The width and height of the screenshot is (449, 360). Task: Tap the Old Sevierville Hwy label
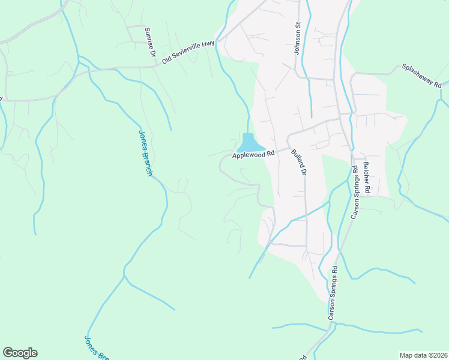click(x=188, y=52)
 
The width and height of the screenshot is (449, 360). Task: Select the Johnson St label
click(x=297, y=39)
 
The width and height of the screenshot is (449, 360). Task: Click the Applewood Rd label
click(x=253, y=154)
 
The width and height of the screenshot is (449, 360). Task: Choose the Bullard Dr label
click(x=298, y=162)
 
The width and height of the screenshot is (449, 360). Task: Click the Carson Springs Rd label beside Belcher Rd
click(x=355, y=191)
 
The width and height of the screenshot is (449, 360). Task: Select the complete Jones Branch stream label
click(x=145, y=152)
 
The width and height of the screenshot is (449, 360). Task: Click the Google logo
click(x=20, y=353)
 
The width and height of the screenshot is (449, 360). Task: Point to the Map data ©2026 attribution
click(x=423, y=355)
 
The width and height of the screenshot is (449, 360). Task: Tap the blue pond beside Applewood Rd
click(x=250, y=144)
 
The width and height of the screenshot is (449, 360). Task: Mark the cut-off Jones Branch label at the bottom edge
click(x=96, y=347)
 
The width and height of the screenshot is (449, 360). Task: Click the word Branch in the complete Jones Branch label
click(x=148, y=161)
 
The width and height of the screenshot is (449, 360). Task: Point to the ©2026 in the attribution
click(x=434, y=355)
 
